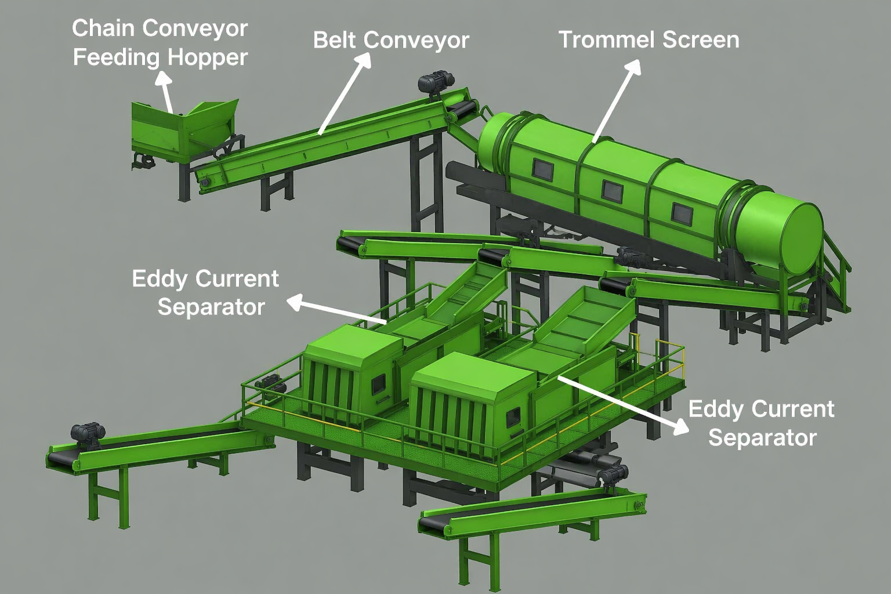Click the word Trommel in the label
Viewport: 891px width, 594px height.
pos(606,40)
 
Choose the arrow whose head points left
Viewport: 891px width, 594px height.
pos(336,312)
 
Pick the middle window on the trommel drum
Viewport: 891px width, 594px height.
pos(611,191)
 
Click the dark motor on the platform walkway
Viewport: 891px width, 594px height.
pos(270,383)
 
